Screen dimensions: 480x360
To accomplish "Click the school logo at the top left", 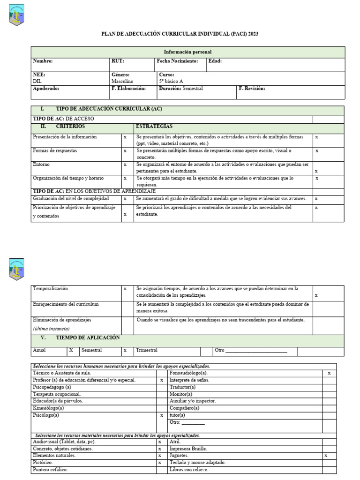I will point(16,15).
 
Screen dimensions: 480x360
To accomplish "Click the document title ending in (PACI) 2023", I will point(180,34).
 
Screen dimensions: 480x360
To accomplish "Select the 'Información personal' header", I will point(187,52).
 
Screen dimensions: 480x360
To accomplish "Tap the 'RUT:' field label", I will point(118,61).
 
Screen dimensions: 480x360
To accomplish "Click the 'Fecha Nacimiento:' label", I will point(177,61).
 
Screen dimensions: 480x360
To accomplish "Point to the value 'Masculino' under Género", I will point(122,81).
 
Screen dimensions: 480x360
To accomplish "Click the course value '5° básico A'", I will point(171,81).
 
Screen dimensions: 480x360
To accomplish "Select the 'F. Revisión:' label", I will point(252,89).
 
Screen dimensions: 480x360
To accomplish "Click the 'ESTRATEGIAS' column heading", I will point(154,127).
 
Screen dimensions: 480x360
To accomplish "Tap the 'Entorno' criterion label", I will point(41,165).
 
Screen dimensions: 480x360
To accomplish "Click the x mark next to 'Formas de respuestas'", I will point(125,151).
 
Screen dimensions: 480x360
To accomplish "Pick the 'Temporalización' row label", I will point(50,289).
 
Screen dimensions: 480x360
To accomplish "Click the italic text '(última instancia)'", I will point(51,329).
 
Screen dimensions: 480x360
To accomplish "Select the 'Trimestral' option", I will point(147,350).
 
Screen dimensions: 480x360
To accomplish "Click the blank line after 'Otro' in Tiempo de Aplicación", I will point(256,351).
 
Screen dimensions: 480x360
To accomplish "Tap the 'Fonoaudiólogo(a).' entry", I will point(188,373).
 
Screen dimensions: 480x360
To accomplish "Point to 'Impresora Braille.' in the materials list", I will point(188,449).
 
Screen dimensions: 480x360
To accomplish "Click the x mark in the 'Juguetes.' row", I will point(326,456).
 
